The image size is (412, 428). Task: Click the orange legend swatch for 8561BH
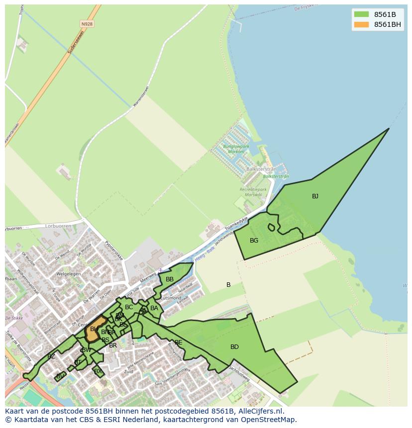coord(361,24)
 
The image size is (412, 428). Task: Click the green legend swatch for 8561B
coord(361,14)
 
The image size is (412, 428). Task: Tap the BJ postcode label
coord(315,196)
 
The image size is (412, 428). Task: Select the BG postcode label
coord(254,241)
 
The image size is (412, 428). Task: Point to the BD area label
coord(234,347)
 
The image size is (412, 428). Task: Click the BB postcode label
coord(170,279)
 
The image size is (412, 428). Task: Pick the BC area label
coord(129,307)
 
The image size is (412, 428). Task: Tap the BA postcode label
coord(154,308)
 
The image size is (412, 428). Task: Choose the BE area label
coord(178,342)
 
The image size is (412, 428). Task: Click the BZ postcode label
coord(51,356)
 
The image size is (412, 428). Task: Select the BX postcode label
coord(98,371)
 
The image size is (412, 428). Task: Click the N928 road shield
coord(87,24)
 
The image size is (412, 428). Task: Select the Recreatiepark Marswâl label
coord(250,192)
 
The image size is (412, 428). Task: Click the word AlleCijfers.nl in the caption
coord(260,411)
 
